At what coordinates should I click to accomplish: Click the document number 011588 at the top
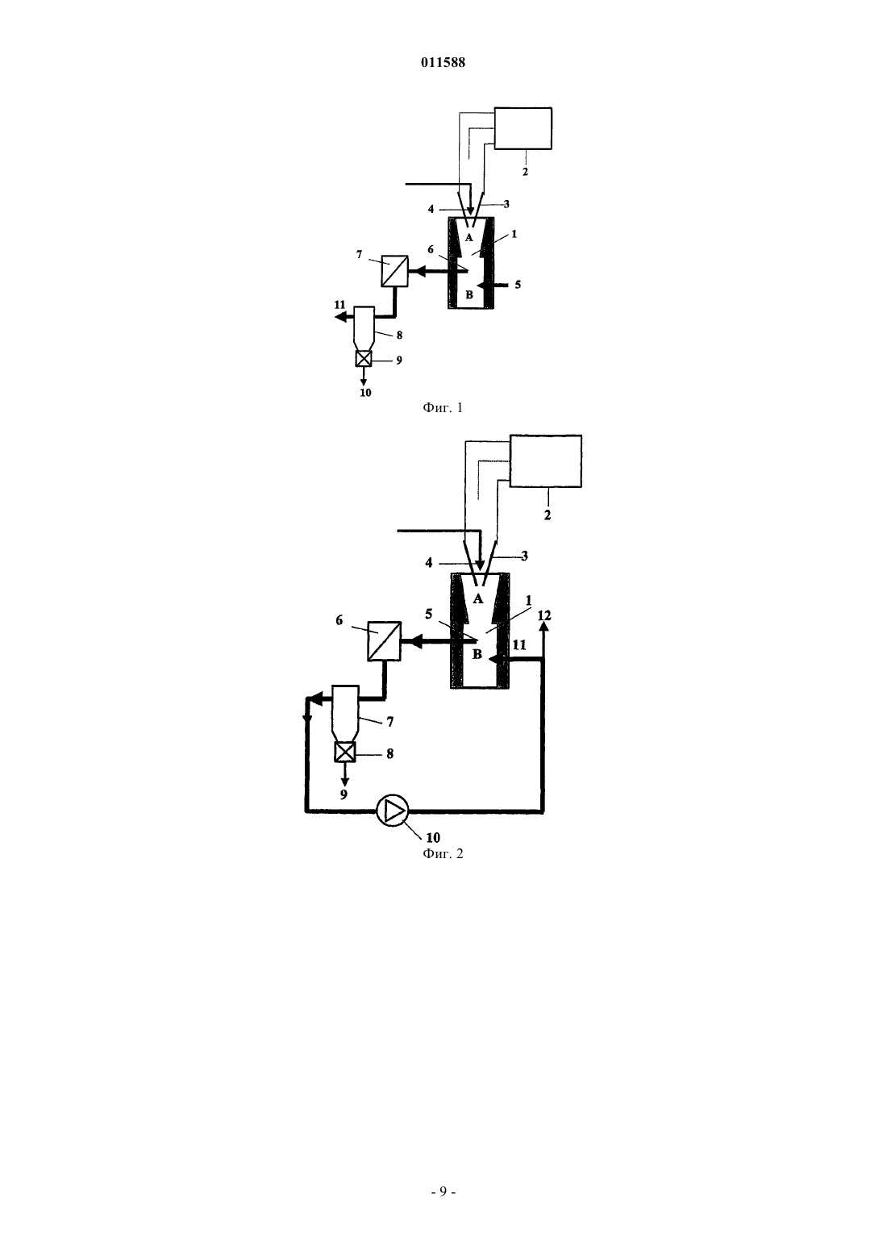pos(443,62)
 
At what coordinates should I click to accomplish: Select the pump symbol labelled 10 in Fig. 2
pos(393,810)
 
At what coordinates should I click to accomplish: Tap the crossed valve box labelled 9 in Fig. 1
pos(364,359)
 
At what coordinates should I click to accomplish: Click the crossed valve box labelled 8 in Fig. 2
pos(344,752)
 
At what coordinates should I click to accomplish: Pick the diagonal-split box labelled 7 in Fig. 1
pos(395,271)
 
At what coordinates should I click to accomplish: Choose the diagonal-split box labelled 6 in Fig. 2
pos(384,641)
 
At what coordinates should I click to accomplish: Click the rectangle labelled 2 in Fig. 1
pos(523,128)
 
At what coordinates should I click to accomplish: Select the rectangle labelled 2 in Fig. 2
pos(545,461)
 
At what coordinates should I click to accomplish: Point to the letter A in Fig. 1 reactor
pos(469,238)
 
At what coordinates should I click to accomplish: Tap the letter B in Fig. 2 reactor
pos(477,654)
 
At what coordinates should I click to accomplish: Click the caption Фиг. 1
pos(443,407)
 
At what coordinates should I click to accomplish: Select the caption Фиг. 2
pos(443,853)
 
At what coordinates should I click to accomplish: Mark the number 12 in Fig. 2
pos(544,615)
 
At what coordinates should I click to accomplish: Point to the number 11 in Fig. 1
pos(340,305)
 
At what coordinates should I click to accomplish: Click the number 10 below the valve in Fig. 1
pos(365,393)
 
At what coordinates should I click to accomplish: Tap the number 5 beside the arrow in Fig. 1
pos(518,285)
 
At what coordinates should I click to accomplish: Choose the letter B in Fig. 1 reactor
pos(469,294)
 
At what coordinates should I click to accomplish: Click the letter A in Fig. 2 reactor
pos(477,599)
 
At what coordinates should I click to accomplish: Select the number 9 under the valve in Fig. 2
pos(344,794)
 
